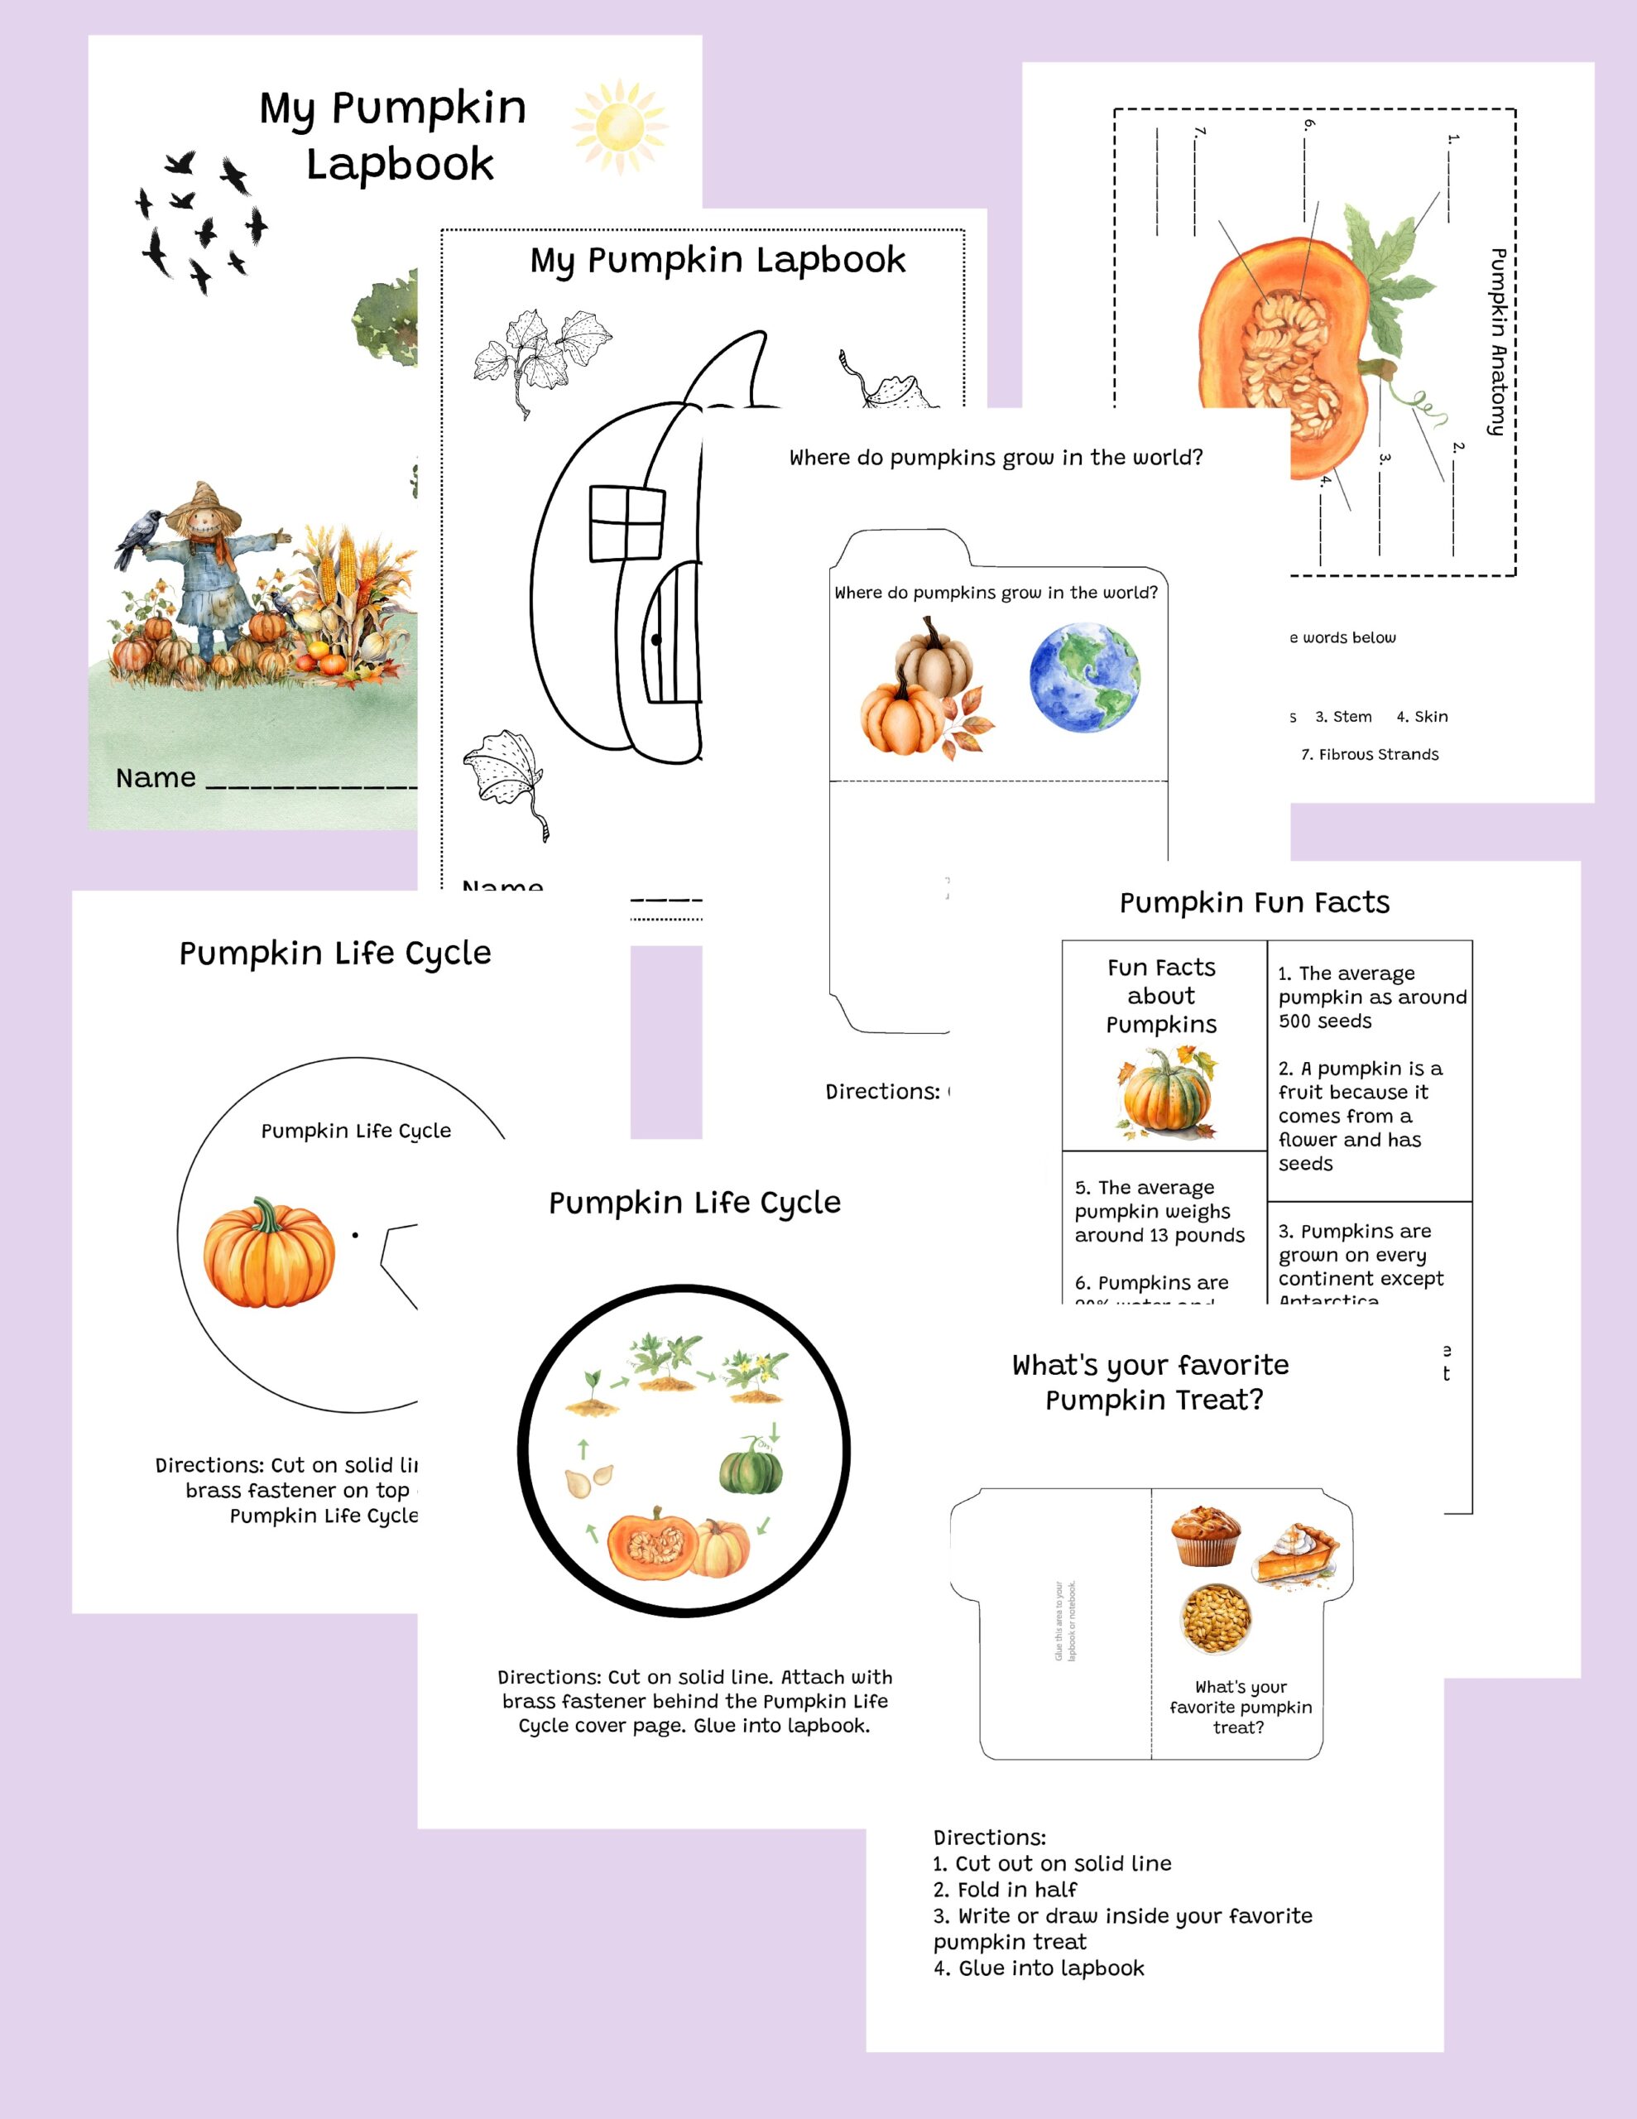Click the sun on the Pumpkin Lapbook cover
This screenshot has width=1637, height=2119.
pos(619,126)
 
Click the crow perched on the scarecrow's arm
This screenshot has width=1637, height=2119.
pos(137,536)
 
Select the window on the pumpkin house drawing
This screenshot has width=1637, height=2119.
pos(626,524)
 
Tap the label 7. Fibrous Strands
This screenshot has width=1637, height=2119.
pos(1369,754)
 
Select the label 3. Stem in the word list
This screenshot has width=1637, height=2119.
pos(1343,716)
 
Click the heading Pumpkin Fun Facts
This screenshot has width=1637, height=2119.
pos(1254,902)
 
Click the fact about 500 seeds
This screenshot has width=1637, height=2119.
pos(1371,997)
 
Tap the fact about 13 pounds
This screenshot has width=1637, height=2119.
pos(1159,1211)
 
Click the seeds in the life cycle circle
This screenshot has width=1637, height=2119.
pos(589,1478)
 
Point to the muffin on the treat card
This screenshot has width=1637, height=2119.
pos(1205,1537)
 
